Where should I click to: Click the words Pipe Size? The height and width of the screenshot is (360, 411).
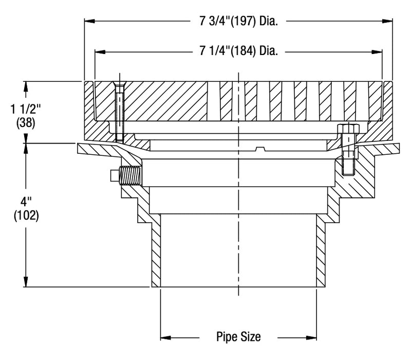[x=238, y=337]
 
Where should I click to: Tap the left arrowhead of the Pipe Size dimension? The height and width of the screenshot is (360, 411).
[x=165, y=338]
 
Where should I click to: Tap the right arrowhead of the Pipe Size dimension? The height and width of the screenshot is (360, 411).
[x=312, y=338]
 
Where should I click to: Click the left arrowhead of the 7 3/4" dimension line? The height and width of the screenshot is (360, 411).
[x=89, y=22]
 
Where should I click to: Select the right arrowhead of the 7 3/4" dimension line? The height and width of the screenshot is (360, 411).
[x=389, y=22]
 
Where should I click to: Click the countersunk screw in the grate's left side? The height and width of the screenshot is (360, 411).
[x=119, y=111]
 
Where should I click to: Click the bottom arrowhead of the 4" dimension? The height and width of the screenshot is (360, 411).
[x=25, y=283]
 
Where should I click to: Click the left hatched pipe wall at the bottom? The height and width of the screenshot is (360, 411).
[x=156, y=252]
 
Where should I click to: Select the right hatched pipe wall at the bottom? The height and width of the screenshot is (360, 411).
[x=321, y=252]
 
